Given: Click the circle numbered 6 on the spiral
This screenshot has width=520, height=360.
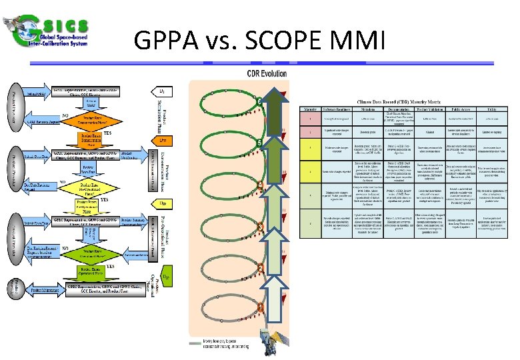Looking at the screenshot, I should click(x=258, y=101).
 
